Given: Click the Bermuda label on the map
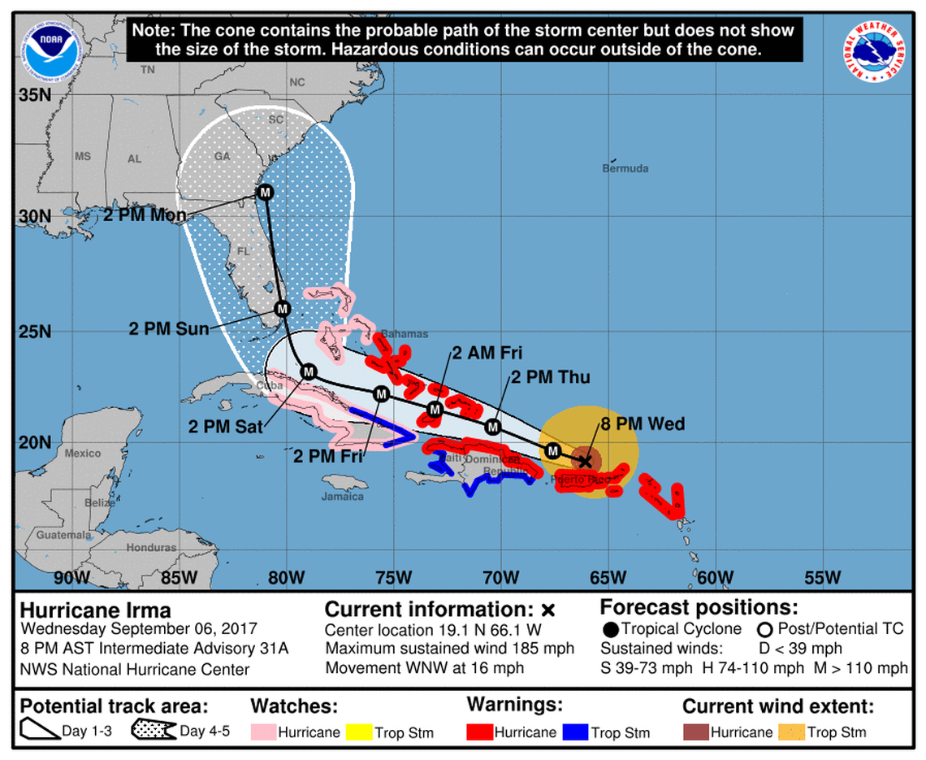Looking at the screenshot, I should click(x=625, y=168).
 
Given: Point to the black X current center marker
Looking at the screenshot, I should click(x=585, y=461).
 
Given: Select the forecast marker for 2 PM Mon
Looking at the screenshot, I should click(x=265, y=193).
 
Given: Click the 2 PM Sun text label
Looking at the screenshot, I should click(x=169, y=329).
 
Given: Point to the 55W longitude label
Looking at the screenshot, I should click(x=822, y=579).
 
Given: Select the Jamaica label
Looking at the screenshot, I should click(x=342, y=496).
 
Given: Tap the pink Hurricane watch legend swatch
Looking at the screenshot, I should click(x=262, y=732).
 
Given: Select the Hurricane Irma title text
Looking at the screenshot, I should click(x=95, y=610).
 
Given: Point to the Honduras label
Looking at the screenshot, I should click(x=153, y=547).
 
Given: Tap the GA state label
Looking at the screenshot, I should click(x=221, y=156).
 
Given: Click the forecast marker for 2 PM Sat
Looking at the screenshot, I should click(x=308, y=371).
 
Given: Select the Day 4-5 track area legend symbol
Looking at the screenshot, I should click(x=154, y=731).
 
